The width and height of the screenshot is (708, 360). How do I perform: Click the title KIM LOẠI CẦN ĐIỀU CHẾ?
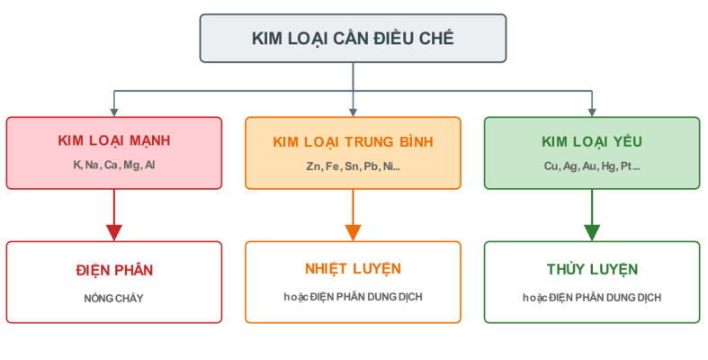(x=353, y=39)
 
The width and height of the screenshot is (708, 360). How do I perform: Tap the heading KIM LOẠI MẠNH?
(x=113, y=140)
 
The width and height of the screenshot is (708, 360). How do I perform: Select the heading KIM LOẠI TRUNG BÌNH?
(x=353, y=142)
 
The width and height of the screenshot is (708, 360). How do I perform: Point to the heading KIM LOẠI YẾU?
(x=592, y=141)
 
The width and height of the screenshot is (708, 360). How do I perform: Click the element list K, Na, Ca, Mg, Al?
(x=113, y=165)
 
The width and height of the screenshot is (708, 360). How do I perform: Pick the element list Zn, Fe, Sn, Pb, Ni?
(x=353, y=166)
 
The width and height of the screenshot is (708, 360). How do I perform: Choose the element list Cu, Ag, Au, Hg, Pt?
(x=592, y=166)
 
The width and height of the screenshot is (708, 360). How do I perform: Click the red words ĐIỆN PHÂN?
(x=114, y=270)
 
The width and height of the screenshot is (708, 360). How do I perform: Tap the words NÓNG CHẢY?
(x=113, y=299)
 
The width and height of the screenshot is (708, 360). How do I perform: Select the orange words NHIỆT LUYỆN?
(x=353, y=269)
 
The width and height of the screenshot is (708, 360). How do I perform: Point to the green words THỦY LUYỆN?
(x=592, y=269)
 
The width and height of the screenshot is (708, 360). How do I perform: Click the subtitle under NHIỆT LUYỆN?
(x=353, y=297)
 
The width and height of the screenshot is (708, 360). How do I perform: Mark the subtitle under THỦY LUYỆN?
(x=592, y=298)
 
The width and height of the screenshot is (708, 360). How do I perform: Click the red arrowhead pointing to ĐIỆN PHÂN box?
(x=114, y=233)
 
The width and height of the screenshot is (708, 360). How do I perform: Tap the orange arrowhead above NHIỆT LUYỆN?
(x=353, y=233)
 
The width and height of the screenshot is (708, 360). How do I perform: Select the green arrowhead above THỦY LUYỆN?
(x=592, y=233)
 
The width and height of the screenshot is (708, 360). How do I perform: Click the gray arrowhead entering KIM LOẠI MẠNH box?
(x=114, y=112)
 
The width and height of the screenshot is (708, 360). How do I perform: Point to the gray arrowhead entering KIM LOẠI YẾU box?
(x=592, y=112)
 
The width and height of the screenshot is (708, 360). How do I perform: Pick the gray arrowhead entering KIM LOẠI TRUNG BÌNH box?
(x=353, y=112)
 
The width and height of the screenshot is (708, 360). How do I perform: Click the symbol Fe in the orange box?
(x=332, y=166)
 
